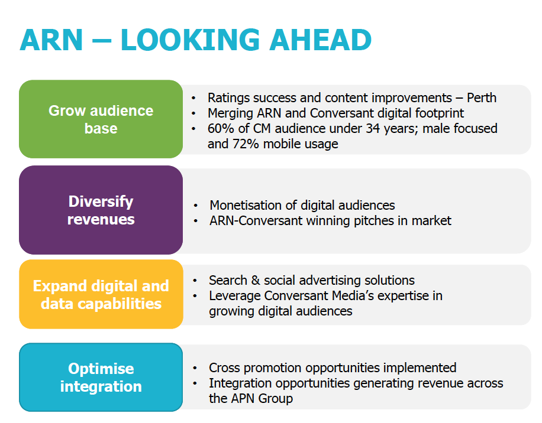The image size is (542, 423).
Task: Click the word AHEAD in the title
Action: click(x=321, y=40)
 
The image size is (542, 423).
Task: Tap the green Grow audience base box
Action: click(x=101, y=119)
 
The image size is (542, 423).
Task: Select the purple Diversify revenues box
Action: click(x=101, y=210)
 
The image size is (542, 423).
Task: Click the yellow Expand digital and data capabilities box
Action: click(x=101, y=294)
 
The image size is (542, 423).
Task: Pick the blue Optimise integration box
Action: click(x=101, y=377)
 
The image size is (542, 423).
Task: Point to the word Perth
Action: click(x=482, y=98)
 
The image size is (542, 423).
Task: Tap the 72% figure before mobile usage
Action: click(x=246, y=144)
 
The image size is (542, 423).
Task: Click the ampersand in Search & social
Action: click(x=256, y=280)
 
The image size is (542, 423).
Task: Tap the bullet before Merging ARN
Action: click(x=193, y=113)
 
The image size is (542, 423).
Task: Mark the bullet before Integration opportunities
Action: click(x=195, y=383)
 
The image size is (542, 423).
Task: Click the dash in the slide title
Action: click(x=102, y=41)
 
